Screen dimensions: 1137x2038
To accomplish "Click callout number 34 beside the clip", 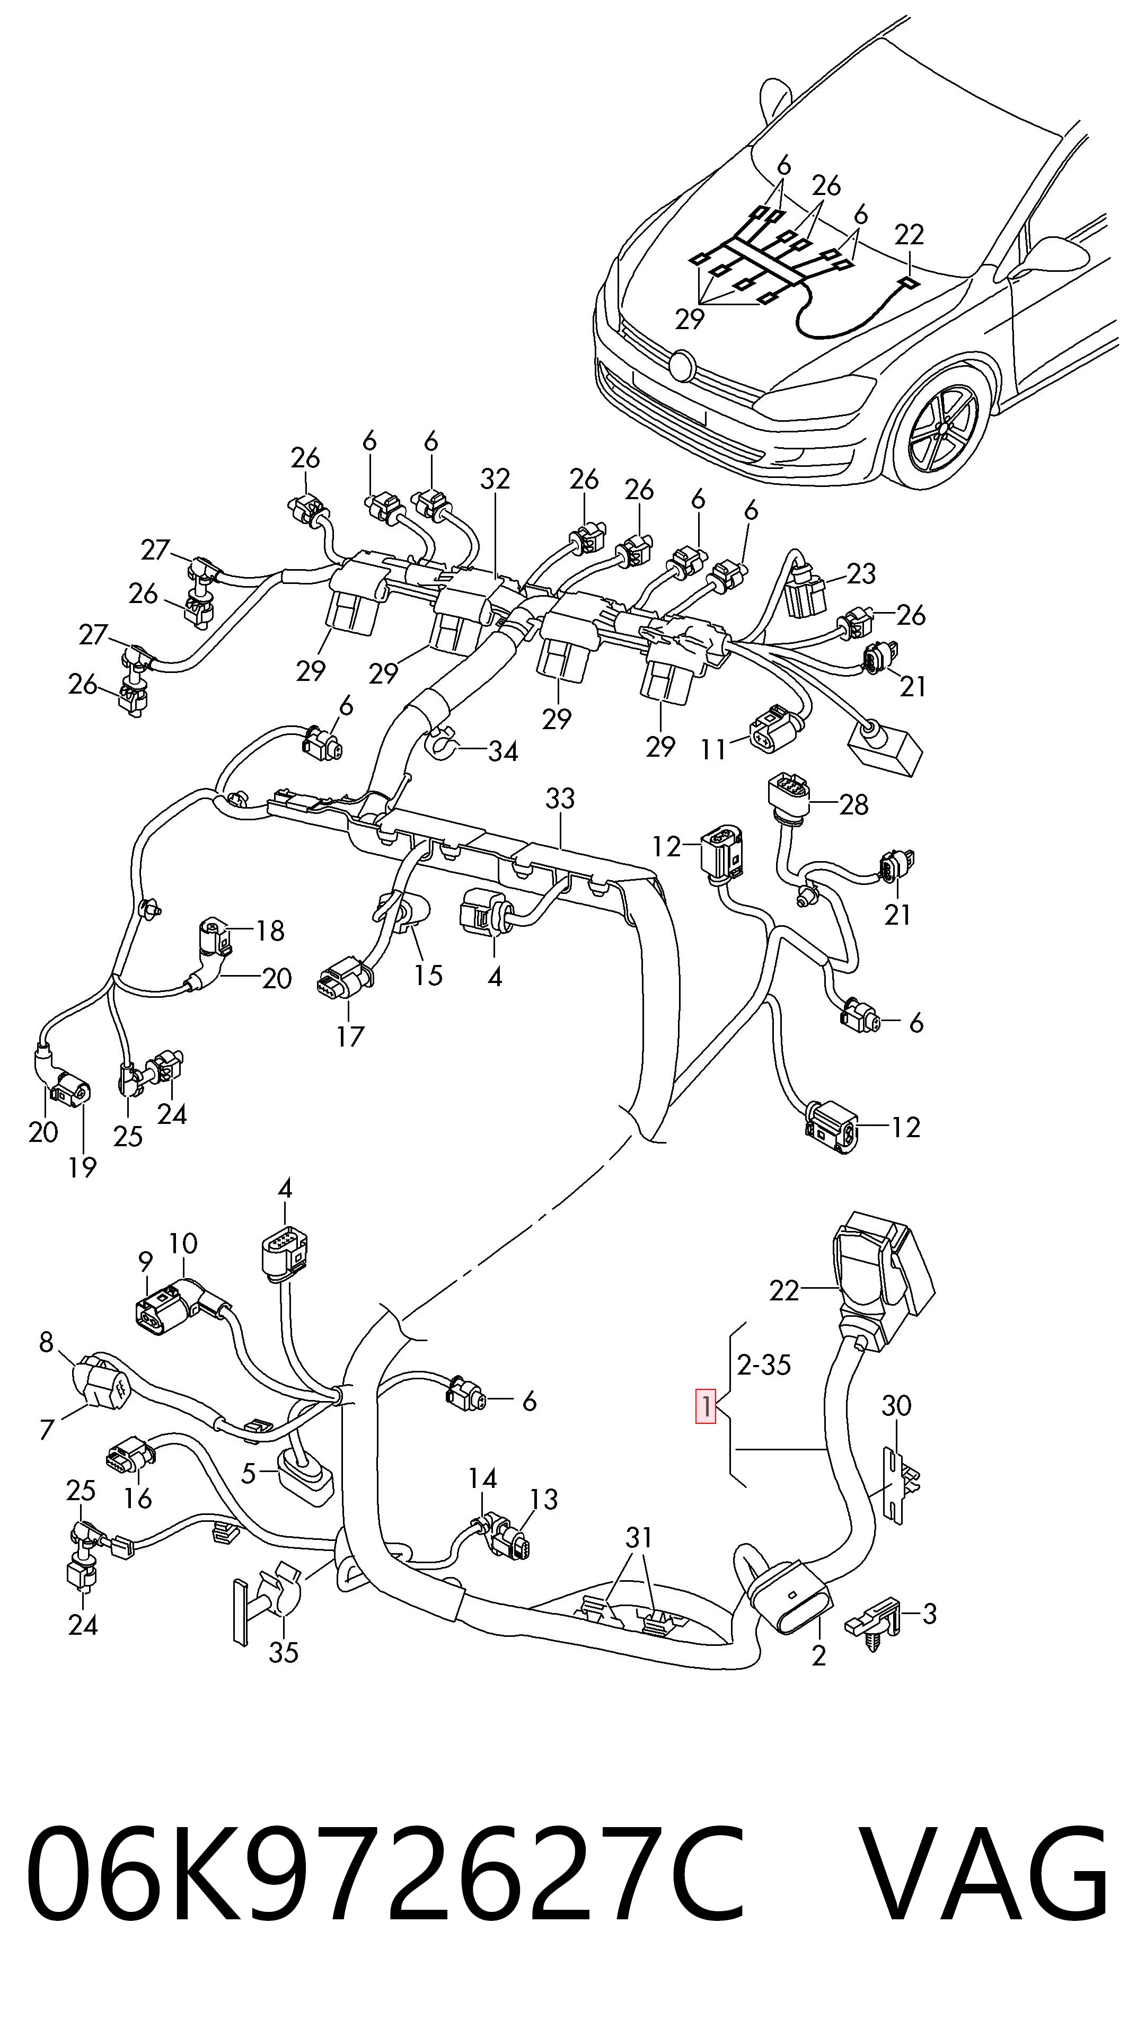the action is [x=503, y=751].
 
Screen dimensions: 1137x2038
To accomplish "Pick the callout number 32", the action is [x=495, y=479].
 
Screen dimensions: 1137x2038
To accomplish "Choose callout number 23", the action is [x=861, y=573].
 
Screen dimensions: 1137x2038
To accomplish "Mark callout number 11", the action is [x=713, y=748].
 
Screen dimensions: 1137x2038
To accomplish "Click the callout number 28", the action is [x=854, y=804].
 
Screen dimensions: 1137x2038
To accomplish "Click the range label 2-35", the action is [x=763, y=1364].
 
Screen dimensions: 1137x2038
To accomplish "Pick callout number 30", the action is [x=896, y=1406].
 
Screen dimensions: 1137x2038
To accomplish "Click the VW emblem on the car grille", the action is [x=681, y=365].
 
